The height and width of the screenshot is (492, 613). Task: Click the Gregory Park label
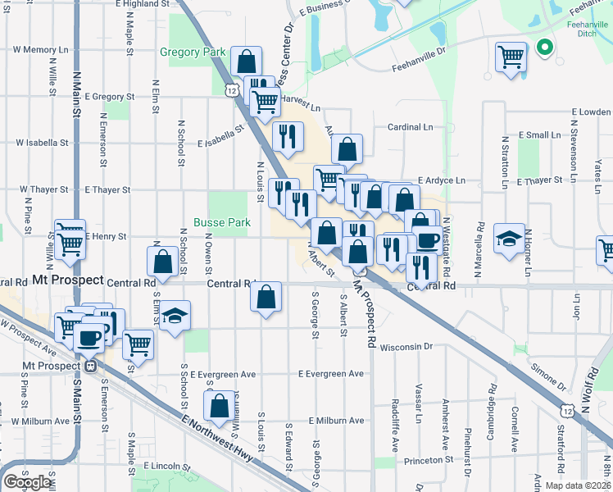click(x=193, y=52)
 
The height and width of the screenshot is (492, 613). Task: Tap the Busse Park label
click(x=222, y=222)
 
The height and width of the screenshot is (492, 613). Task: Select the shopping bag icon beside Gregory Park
click(x=246, y=61)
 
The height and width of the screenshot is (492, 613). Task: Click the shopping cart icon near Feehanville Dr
click(x=511, y=57)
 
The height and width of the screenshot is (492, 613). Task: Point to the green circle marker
click(x=543, y=48)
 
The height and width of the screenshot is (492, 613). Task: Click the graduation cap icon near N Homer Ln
click(x=509, y=239)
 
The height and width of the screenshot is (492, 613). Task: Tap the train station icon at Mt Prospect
click(x=91, y=366)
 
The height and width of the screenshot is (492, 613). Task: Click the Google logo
click(x=29, y=481)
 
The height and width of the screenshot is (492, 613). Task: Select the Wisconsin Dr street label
click(x=406, y=347)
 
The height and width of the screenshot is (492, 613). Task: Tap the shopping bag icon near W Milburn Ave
click(x=220, y=405)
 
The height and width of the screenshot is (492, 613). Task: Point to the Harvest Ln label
click(x=301, y=98)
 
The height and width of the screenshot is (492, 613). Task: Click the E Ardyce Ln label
click(x=442, y=180)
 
